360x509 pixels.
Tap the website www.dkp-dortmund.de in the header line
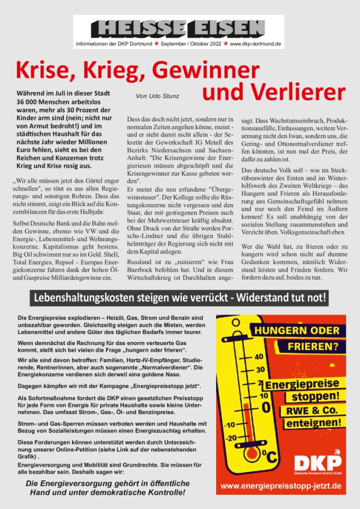click(256, 43)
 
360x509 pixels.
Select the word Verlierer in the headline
click(273, 92)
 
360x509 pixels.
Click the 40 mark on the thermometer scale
click(259, 357)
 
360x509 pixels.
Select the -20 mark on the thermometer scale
click(231, 437)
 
